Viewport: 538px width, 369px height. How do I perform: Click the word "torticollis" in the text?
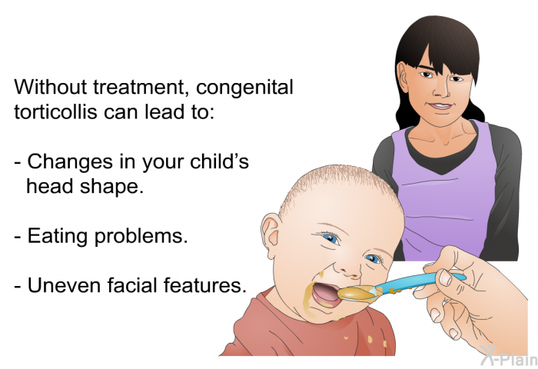point(52,111)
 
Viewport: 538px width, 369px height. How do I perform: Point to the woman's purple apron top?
point(438,192)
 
